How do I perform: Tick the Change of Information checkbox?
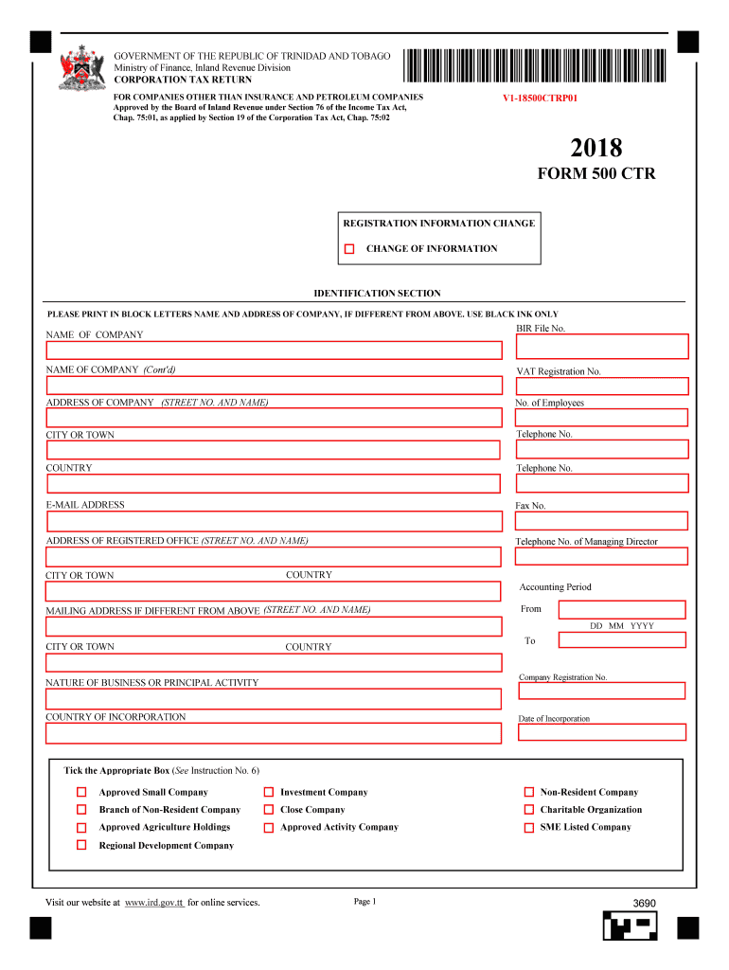[x=349, y=249]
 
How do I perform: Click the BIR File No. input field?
[x=601, y=347]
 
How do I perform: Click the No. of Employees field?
[x=601, y=418]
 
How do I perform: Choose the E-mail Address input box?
[x=274, y=521]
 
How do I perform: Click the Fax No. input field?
[x=601, y=521]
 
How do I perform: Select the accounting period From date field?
[x=622, y=609]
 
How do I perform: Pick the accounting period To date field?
[x=622, y=640]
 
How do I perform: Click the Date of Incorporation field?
[x=601, y=732]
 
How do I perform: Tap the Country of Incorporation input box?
[x=274, y=733]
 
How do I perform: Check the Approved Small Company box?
[x=82, y=792]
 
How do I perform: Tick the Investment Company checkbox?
[x=269, y=792]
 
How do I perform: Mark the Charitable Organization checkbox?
[x=530, y=810]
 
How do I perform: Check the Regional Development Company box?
[x=82, y=845]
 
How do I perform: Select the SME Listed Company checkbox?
[x=530, y=827]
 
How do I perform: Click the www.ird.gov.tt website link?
[x=154, y=903]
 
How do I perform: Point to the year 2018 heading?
[x=596, y=149]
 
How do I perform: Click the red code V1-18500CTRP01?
[x=540, y=99]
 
